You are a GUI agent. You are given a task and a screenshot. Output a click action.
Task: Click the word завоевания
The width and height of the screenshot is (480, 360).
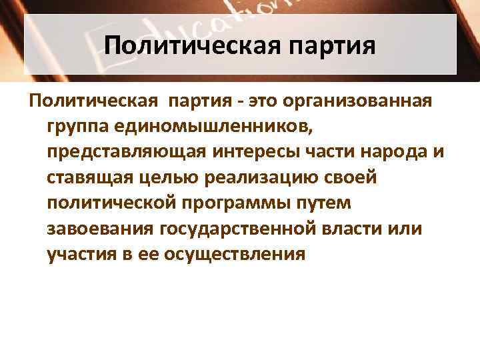pos(100,229)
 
